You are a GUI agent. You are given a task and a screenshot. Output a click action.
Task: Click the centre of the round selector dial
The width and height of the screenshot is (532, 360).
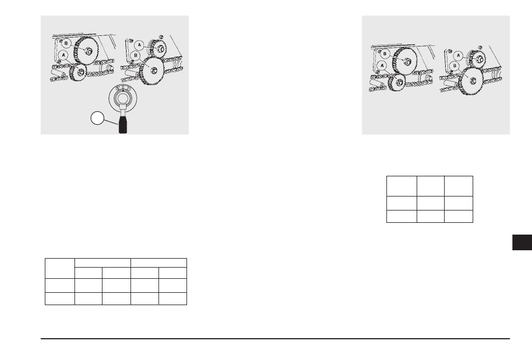click(x=123, y=99)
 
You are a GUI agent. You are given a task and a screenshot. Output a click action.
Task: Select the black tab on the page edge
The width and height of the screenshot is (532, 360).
click(x=522, y=242)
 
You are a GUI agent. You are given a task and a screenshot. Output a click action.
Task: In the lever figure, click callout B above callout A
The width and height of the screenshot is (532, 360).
click(x=66, y=44)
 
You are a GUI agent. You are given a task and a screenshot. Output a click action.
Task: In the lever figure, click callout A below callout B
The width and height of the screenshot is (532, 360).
click(x=63, y=55)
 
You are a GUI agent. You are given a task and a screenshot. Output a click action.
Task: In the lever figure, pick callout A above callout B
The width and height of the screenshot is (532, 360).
click(x=139, y=45)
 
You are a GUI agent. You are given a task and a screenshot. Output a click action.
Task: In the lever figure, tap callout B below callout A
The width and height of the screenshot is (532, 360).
click(x=136, y=55)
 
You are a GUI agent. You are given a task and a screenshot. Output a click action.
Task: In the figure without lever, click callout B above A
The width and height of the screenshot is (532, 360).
click(x=385, y=54)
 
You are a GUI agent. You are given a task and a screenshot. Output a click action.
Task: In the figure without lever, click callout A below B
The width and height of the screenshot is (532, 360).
click(x=382, y=65)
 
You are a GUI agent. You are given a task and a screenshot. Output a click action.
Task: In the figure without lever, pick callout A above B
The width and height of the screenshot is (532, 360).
click(x=459, y=55)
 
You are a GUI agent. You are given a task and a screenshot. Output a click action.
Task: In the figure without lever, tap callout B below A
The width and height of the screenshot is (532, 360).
click(x=455, y=66)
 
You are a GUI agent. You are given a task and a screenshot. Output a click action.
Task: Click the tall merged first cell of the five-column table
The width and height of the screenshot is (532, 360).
click(x=60, y=268)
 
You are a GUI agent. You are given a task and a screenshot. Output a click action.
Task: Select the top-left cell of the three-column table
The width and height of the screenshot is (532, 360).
click(x=402, y=186)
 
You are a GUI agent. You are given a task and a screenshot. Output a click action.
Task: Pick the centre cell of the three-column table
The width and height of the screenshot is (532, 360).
click(x=431, y=203)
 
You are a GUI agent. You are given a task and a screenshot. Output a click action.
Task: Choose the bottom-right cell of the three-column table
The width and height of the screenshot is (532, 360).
click(x=459, y=216)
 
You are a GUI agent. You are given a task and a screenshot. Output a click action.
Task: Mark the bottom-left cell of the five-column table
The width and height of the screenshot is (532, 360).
click(x=60, y=298)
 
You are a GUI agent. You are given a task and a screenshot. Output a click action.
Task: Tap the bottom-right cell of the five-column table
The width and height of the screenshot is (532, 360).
click(x=172, y=298)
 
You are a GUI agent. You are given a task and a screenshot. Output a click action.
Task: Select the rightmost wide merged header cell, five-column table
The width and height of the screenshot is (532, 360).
click(x=159, y=263)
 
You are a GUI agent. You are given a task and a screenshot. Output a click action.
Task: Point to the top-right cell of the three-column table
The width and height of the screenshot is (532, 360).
click(x=459, y=186)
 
